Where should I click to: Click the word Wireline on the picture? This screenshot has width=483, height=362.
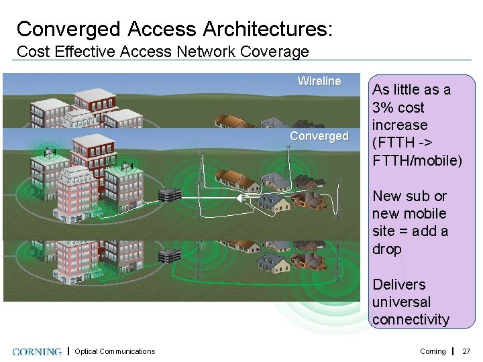319,81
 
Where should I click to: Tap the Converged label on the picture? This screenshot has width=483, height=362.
319,136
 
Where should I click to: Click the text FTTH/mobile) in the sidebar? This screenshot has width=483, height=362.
417,160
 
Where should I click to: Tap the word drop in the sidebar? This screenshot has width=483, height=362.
386,249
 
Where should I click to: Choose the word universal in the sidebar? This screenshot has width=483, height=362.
401,302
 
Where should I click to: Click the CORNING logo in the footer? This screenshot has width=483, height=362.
38,351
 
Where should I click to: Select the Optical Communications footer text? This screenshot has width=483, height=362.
115,351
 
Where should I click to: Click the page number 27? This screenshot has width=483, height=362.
467,351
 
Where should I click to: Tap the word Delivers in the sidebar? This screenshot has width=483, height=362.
398,284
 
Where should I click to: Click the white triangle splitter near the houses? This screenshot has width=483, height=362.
241,198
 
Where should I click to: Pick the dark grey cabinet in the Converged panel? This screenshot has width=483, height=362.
170,195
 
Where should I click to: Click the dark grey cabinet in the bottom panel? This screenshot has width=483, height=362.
170,255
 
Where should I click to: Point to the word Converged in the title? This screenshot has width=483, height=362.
69,29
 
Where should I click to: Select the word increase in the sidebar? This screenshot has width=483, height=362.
400,125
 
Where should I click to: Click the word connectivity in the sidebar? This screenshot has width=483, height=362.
411,320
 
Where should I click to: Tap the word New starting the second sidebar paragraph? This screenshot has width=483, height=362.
386,196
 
